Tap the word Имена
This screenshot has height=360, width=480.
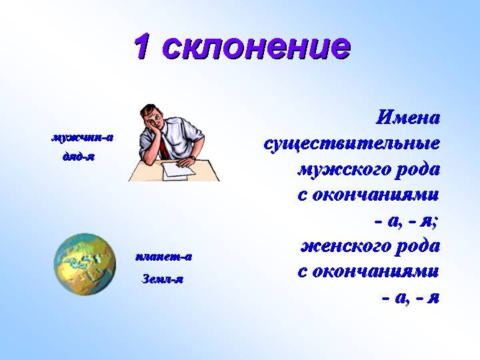pos(407,118)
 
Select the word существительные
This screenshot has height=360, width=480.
pos(351,143)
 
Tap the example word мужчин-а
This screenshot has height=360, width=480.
pos(82,138)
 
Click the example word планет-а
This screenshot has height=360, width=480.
pos(163,256)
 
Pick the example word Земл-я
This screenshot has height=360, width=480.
pos(163,279)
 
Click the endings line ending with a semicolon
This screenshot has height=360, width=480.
pos(405,220)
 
